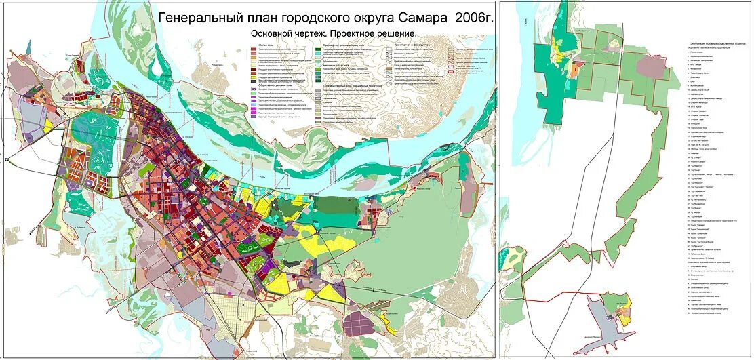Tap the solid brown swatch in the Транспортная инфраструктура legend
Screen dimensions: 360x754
(x=389, y=69)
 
